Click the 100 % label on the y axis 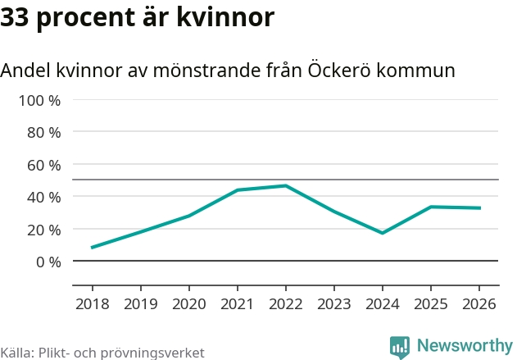click(x=40, y=100)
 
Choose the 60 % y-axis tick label click(x=44, y=165)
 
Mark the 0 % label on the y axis click(x=48, y=262)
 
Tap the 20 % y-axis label click(x=44, y=230)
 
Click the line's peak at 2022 click(x=286, y=186)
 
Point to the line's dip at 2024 click(x=383, y=233)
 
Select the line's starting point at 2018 click(x=92, y=247)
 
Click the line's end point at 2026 click(x=479, y=208)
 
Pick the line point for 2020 click(x=189, y=216)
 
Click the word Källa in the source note click(x=16, y=353)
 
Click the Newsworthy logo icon click(x=400, y=346)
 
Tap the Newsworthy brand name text click(x=464, y=345)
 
